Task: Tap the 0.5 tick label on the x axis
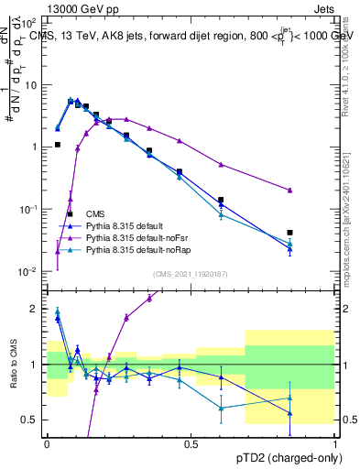pyautogui.click(x=191, y=444)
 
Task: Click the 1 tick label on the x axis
pyautogui.click(x=334, y=444)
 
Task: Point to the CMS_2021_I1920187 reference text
pyautogui.click(x=191, y=273)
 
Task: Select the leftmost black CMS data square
pyautogui.click(x=58, y=145)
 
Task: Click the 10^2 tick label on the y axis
pyautogui.click(x=28, y=22)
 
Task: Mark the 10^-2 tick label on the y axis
pyautogui.click(x=28, y=271)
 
